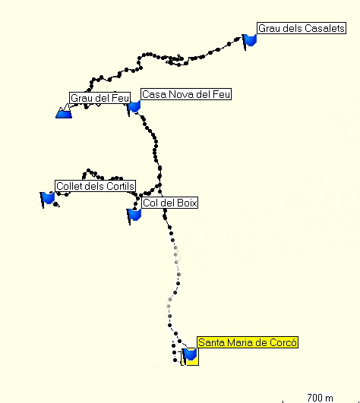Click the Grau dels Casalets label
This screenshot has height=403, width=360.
point(302,28)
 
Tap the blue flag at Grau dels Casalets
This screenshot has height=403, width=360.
point(249,42)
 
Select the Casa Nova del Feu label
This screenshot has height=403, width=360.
point(186,94)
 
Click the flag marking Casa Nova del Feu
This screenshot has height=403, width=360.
point(134,108)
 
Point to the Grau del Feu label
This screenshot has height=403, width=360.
point(99,98)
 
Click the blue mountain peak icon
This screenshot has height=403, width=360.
point(64,111)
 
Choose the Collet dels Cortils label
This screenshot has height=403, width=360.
point(95,186)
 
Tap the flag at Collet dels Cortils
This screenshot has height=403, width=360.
point(47,200)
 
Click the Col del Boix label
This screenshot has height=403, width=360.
point(169,203)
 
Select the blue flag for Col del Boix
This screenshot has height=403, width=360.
point(134,216)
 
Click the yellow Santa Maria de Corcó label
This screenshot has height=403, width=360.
point(248,342)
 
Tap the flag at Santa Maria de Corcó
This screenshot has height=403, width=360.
point(190,357)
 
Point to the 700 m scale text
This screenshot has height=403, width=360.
point(320,398)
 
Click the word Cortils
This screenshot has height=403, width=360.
point(120,186)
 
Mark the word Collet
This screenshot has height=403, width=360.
point(67,186)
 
